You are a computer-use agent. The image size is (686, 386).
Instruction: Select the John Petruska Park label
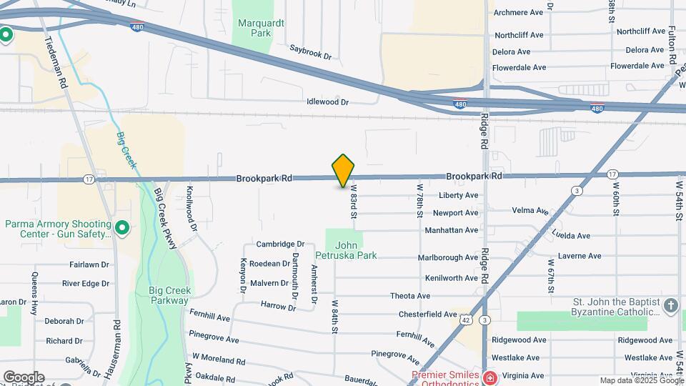click(346, 249)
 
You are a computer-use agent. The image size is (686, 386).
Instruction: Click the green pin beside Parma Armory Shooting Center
click(122, 229)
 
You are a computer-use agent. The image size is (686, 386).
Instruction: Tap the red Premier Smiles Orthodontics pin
click(490, 378)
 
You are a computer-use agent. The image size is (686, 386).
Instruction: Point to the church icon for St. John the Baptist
click(670, 307)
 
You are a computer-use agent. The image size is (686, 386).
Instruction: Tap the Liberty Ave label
click(459, 195)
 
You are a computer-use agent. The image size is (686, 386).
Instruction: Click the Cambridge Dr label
click(281, 244)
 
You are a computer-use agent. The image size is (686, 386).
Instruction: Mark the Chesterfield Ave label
click(427, 314)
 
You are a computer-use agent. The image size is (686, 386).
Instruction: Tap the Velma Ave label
click(530, 210)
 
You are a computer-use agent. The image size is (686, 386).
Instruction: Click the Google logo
click(24, 377)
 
